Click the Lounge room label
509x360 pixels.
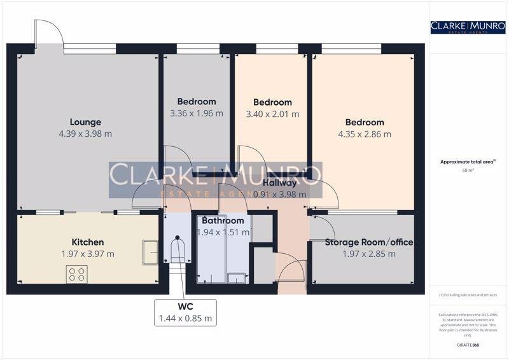[85, 122]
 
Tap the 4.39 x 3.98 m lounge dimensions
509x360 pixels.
[85, 134]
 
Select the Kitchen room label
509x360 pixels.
[88, 242]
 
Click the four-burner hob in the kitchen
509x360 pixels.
[77, 274]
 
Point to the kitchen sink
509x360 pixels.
[150, 251]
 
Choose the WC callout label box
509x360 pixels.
[185, 312]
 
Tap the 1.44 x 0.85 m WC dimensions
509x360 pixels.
[185, 318]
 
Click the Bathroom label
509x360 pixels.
[223, 221]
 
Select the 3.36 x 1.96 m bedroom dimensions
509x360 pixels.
[197, 114]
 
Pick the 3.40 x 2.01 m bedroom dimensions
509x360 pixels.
[272, 114]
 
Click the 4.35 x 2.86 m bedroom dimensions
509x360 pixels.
[365, 134]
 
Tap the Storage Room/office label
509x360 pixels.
[369, 242]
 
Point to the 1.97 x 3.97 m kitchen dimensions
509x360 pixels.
[88, 254]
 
